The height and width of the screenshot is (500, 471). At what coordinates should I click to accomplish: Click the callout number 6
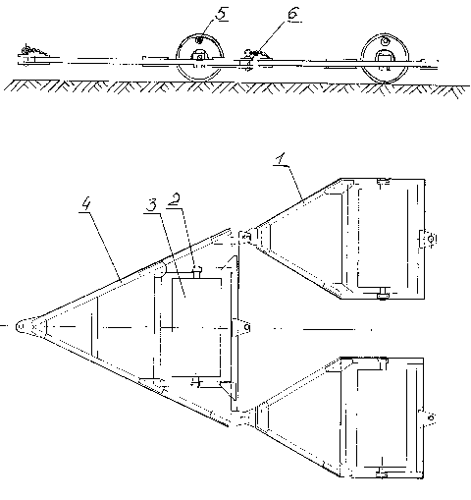point(294,14)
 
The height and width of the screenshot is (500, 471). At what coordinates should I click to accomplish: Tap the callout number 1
point(281,159)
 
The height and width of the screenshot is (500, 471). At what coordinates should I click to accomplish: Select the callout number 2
point(175,200)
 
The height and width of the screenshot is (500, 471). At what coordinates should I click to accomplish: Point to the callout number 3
point(151,205)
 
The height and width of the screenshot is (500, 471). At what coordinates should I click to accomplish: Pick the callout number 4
point(85,203)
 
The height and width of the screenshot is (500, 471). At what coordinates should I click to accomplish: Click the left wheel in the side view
point(199,57)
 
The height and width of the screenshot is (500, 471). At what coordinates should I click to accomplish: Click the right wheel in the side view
point(385,58)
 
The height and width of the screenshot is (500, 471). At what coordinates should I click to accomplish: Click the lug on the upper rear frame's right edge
point(428,239)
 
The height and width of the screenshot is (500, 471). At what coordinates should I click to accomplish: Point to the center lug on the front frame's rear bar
point(241,327)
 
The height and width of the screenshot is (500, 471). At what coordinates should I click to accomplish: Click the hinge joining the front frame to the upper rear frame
point(247,236)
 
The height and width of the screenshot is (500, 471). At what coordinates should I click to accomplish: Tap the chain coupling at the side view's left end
point(32,55)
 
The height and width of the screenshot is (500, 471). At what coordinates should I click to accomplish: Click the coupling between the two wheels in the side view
point(254,58)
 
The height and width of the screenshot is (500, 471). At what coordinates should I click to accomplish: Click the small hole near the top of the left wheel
point(198,40)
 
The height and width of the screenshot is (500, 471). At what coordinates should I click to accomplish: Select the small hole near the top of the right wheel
point(386,41)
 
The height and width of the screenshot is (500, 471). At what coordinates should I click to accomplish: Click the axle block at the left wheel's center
point(198,56)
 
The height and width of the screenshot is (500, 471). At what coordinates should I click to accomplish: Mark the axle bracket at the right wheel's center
point(385,56)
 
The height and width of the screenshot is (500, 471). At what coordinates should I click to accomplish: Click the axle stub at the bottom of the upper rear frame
point(382,293)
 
